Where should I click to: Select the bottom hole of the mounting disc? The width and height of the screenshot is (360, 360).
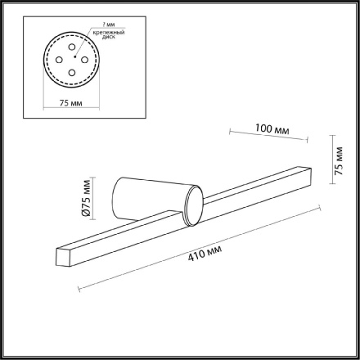point(72,73)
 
